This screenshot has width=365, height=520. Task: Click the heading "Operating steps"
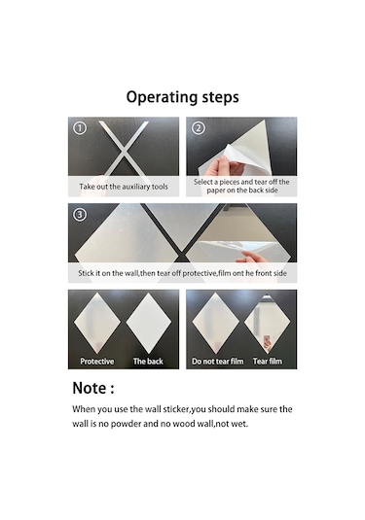(x=182, y=97)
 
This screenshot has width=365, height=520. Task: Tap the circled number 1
(x=80, y=128)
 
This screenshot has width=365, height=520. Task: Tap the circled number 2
(x=199, y=128)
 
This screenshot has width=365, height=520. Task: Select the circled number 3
(x=80, y=215)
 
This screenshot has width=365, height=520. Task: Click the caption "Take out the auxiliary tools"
(x=124, y=187)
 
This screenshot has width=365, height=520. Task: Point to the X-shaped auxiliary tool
(x=124, y=149)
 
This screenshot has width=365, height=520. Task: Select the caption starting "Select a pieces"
(x=241, y=186)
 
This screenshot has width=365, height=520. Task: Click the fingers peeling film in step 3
(x=255, y=258)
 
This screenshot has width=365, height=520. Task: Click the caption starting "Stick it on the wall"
(x=182, y=273)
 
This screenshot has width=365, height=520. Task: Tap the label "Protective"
(x=97, y=362)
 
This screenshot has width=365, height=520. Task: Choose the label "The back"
(x=148, y=362)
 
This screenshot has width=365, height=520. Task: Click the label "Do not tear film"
(x=217, y=362)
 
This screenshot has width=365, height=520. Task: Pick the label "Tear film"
(x=268, y=362)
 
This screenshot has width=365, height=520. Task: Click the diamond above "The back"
(x=149, y=324)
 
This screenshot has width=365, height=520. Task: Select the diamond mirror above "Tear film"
(x=267, y=324)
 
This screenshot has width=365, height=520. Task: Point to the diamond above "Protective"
(x=97, y=324)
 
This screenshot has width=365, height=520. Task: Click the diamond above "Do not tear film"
(x=215, y=324)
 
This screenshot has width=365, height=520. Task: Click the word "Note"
(x=90, y=388)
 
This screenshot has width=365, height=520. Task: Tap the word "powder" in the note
(x=126, y=424)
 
